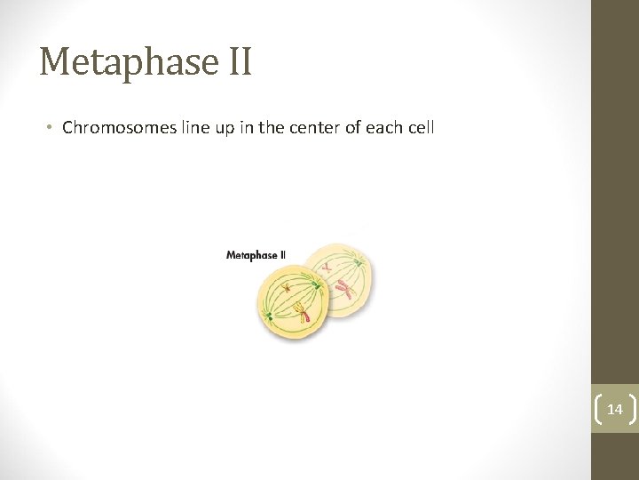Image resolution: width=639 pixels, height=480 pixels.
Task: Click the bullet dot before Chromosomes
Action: [x=51, y=128]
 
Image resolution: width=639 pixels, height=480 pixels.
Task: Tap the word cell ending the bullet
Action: [x=422, y=128]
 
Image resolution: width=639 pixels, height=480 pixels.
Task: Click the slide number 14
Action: [x=614, y=409]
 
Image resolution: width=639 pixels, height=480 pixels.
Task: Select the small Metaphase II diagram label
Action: [x=256, y=255]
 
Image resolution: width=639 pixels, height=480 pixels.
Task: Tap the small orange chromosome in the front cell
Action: [x=287, y=286]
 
